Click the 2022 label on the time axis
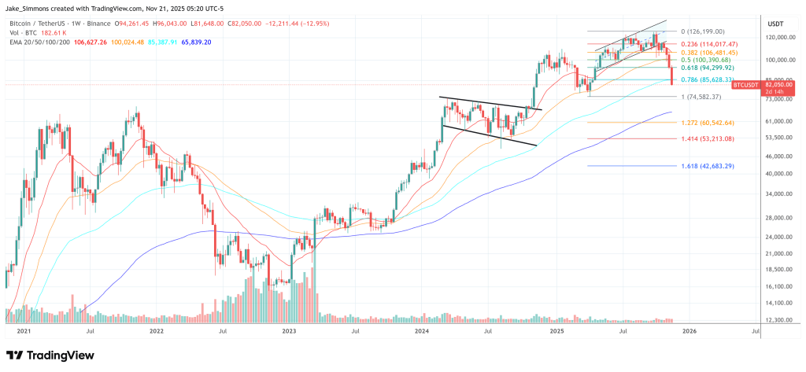point(157,333)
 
